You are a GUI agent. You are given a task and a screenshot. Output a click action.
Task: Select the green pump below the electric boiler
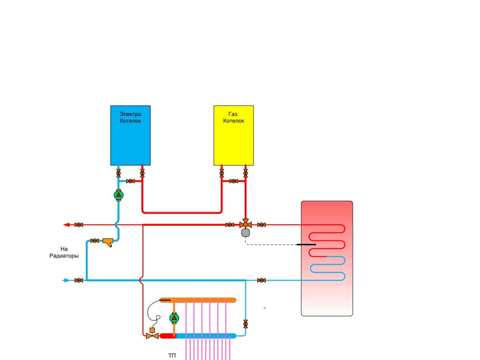[119, 195]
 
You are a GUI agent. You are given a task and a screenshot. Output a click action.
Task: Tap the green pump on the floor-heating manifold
[174, 318]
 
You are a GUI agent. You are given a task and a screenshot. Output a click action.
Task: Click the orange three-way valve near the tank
[245, 224]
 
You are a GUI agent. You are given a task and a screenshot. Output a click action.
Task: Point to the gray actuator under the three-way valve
[246, 233]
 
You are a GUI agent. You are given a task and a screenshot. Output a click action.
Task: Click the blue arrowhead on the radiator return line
[67, 280]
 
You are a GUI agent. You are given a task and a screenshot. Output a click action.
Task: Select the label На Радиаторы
[63, 252]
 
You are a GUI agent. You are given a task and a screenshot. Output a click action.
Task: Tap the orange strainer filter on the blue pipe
[109, 241]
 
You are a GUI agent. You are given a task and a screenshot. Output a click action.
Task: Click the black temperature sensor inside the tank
[306, 244]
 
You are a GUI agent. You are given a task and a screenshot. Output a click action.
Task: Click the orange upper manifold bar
[197, 300]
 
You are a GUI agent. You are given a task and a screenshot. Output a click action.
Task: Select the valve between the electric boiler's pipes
[130, 181]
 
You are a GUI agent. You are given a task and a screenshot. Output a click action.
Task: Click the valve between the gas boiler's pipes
[233, 181]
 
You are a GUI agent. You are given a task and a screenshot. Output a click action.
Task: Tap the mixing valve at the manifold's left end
[152, 336]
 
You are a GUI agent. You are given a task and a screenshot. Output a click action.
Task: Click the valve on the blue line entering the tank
[262, 280]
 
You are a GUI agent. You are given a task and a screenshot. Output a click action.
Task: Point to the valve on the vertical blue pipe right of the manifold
[246, 324]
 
